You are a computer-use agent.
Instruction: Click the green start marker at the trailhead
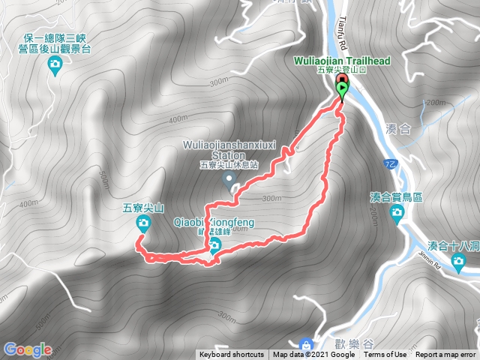click(x=343, y=91)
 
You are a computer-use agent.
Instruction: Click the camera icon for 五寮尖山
click(x=142, y=223)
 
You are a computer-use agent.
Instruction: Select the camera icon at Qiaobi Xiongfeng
click(x=215, y=245)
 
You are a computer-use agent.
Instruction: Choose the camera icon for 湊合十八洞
click(x=458, y=260)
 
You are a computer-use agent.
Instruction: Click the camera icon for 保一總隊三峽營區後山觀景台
click(x=54, y=66)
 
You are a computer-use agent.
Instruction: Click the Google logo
click(x=27, y=349)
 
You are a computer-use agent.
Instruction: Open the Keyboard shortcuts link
click(x=231, y=355)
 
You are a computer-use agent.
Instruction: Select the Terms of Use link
click(x=385, y=355)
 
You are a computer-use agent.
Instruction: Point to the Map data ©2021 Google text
click(x=313, y=355)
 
